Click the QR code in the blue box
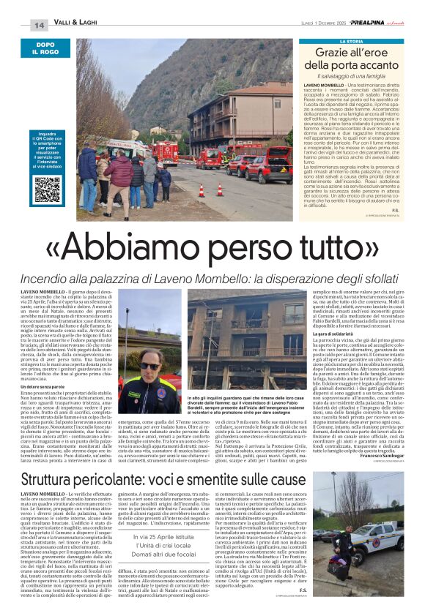click(x=46, y=189)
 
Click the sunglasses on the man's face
click(x=149, y=366)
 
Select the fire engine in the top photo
click(x=166, y=151)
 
